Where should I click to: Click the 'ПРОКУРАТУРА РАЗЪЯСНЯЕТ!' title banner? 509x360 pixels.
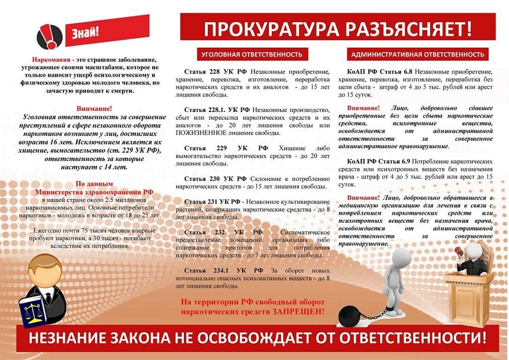pos(338,28)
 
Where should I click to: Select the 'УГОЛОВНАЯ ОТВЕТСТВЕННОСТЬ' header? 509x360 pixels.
pos(252,55)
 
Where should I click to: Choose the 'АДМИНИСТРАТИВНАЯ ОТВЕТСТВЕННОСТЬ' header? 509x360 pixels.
pos(418,55)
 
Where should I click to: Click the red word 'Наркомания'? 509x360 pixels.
pos(51,60)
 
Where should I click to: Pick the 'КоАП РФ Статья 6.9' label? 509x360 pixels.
pos(378,162)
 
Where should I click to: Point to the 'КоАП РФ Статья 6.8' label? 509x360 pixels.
pos(378,72)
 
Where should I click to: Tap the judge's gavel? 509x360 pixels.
pos(455,247)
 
